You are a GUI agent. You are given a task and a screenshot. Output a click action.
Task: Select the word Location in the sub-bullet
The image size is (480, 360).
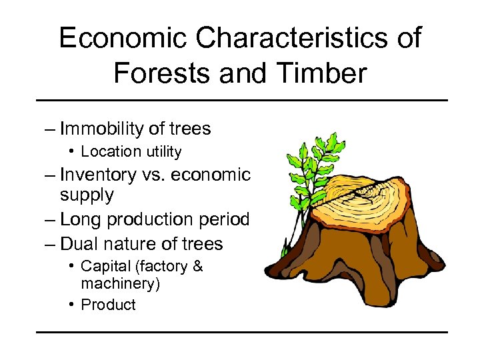110,152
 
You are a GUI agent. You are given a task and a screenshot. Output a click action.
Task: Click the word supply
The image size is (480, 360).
87,195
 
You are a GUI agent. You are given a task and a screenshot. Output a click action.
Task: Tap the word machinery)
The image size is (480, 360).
120,283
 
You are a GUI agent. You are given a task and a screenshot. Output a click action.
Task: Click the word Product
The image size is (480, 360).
108,305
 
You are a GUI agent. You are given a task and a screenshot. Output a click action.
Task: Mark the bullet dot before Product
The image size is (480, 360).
71,305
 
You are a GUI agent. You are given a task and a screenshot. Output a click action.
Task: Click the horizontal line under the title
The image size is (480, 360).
240,101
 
